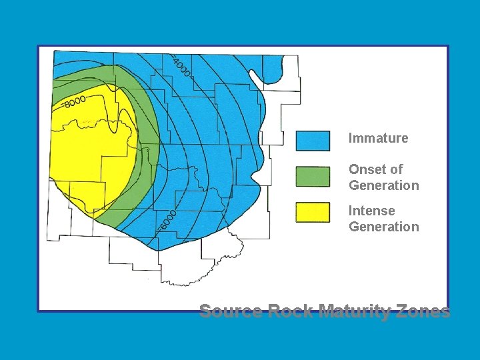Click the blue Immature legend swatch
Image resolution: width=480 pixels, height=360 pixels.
point(313,141)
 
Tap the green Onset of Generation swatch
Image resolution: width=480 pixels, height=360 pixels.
point(313,177)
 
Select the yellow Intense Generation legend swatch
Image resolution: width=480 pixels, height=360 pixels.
point(313,212)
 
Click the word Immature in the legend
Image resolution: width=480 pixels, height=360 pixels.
point(378,139)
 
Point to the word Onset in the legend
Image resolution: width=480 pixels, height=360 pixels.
point(367,169)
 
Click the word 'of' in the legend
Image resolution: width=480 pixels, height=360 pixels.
point(397,169)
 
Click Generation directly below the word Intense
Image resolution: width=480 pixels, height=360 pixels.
point(384,227)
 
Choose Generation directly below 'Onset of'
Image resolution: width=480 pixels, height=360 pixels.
point(384,185)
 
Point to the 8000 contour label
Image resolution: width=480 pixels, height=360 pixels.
point(75,101)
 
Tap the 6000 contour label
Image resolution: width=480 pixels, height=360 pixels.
point(167,221)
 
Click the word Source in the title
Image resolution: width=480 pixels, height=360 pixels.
point(231,311)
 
